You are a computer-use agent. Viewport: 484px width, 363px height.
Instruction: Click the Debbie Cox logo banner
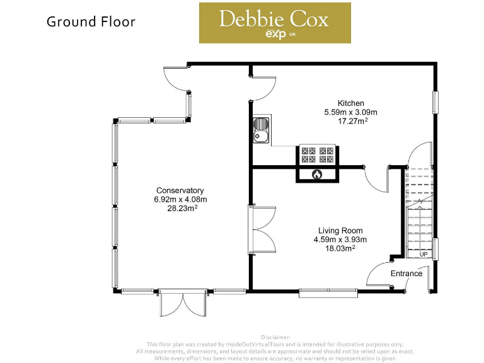point(275,23)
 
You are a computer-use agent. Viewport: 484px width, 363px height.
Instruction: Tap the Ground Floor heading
point(91,21)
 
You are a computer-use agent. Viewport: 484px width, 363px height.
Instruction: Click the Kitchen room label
point(350,103)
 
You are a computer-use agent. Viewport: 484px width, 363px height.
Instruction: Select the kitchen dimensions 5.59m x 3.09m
point(350,112)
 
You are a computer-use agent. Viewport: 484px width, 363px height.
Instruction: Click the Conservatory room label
point(180,190)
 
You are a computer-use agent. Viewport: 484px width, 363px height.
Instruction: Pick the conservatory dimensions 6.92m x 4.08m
point(180,199)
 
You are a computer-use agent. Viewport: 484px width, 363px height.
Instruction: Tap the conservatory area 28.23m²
point(180,209)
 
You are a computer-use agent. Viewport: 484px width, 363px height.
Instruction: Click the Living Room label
point(340,231)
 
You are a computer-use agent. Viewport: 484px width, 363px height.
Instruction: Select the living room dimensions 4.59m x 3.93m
point(340,239)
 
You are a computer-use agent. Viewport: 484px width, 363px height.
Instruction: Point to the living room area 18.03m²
point(340,248)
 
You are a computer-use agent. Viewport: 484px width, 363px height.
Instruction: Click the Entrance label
point(406,274)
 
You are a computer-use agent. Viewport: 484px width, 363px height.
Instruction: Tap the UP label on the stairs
point(423,255)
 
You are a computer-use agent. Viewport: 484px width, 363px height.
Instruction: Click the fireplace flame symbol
point(317,174)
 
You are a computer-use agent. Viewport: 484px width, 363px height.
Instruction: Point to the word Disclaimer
point(275,337)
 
